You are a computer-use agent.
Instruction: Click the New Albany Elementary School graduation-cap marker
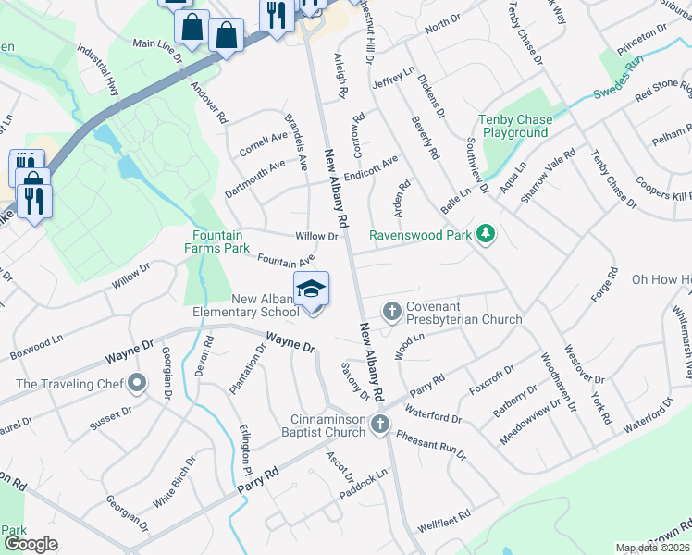pyautogui.click(x=311, y=289)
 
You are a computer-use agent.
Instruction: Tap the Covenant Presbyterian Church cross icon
pyautogui.click(x=391, y=310)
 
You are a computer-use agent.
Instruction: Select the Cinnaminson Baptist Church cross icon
pyautogui.click(x=379, y=424)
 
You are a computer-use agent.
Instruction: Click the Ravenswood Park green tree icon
pyautogui.click(x=485, y=235)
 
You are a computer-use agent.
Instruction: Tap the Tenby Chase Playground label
pyautogui.click(x=514, y=126)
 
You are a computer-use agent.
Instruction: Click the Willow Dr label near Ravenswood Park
pyautogui.click(x=316, y=237)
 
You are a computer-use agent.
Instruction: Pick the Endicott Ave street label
pyautogui.click(x=370, y=166)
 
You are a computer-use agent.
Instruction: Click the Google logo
pyautogui.click(x=31, y=544)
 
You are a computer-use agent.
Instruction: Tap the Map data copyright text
pyautogui.click(x=652, y=548)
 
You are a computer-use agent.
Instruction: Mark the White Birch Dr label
pyautogui.click(x=175, y=481)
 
